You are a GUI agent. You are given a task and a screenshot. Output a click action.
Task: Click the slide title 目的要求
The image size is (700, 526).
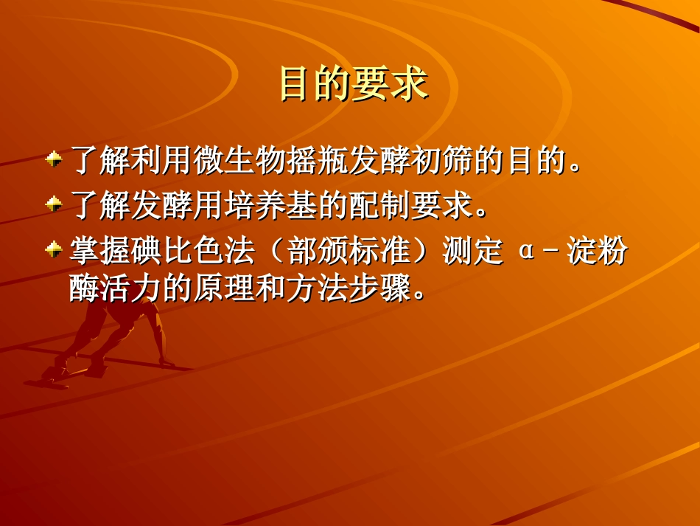click(353, 84)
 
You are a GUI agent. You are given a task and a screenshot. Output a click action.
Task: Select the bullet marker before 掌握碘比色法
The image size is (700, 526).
click(53, 251)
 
